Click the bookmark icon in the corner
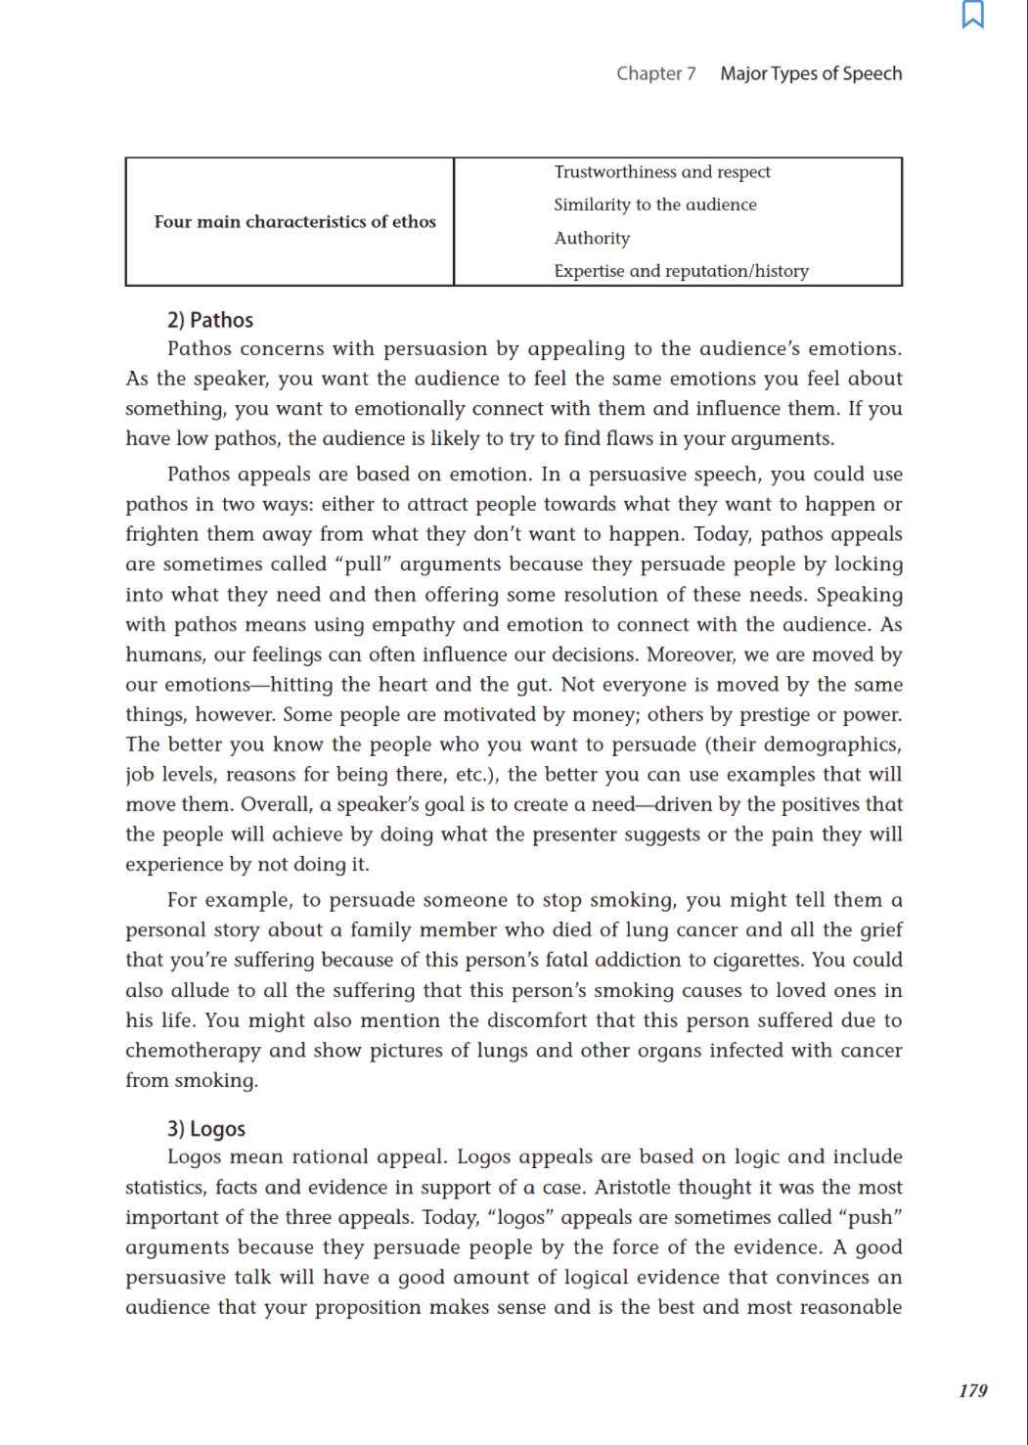[x=972, y=15]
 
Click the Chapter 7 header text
[x=655, y=73]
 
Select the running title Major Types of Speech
[x=811, y=73]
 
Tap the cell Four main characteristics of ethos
[x=294, y=222]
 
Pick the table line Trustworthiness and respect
[x=662, y=172]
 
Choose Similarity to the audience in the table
[x=654, y=204]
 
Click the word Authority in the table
[x=592, y=238]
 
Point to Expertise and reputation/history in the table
[x=681, y=271]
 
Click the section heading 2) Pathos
[x=210, y=320]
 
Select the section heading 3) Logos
[x=206, y=1129]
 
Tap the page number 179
[x=972, y=1390]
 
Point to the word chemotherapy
[x=192, y=1051]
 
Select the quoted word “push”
[x=871, y=1217]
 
